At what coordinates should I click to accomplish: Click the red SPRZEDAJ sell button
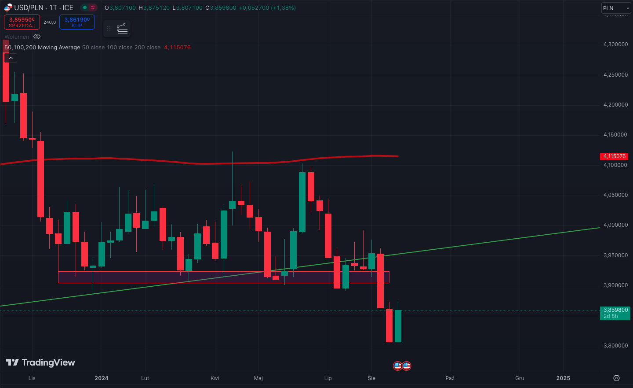pos(22,22)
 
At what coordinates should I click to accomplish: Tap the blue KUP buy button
pos(77,22)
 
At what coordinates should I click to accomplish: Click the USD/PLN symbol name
pos(29,7)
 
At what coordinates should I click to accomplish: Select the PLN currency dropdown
pos(616,8)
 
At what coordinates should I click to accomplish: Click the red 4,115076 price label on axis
pos(614,156)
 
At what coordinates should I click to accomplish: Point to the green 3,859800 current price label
pos(615,313)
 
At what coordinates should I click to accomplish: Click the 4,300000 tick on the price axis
pos(615,44)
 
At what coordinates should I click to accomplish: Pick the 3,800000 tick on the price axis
pos(615,346)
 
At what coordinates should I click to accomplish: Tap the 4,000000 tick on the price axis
pos(615,225)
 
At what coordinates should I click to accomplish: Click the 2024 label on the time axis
pos(102,378)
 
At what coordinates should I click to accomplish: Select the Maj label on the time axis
pos(258,378)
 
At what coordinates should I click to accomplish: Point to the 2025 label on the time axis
pos(563,378)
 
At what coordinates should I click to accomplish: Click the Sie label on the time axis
pos(371,378)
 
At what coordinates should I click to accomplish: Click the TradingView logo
pos(40,362)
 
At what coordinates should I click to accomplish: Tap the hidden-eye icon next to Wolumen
pos(37,37)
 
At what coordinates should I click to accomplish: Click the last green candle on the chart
pos(398,326)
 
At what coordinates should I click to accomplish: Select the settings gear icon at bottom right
pos(616,378)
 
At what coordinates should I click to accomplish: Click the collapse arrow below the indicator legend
pos(11,58)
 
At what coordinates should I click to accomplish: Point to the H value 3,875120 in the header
pos(156,8)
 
